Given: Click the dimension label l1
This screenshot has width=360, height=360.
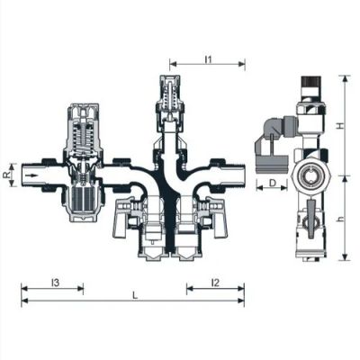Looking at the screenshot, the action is click(x=208, y=59).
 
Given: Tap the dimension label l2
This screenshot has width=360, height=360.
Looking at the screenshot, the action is click(x=215, y=283).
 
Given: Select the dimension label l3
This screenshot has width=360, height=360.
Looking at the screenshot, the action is click(x=55, y=283).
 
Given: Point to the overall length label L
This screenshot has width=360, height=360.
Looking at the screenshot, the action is click(x=135, y=296).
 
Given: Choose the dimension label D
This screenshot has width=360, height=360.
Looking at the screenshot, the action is click(x=272, y=183).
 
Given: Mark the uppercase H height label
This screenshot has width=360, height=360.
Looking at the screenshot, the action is click(x=339, y=126).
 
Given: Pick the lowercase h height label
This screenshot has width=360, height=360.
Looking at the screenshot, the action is click(x=339, y=220).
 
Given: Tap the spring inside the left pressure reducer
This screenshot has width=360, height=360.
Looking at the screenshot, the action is click(x=83, y=139).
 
